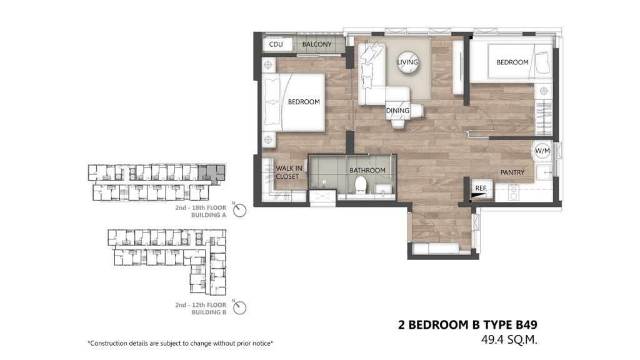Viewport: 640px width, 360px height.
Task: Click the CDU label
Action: click(276, 44)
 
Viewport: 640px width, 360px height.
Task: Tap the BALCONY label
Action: click(317, 44)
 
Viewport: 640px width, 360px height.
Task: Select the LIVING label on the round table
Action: click(407, 62)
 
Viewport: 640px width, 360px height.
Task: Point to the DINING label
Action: click(397, 111)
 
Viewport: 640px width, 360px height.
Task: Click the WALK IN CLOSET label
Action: click(289, 172)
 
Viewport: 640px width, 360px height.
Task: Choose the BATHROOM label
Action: click(367, 170)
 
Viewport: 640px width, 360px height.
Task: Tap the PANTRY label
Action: click(512, 172)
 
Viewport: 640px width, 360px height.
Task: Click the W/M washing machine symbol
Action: click(542, 151)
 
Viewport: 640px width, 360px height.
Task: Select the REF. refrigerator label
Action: click(481, 188)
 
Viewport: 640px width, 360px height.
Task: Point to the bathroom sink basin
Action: click(383, 189)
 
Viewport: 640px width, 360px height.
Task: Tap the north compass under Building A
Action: click(239, 210)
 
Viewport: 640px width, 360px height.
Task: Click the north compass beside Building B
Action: click(239, 307)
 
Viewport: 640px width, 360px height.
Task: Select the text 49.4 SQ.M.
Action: click(509, 339)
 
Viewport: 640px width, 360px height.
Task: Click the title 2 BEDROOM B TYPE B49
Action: click(467, 325)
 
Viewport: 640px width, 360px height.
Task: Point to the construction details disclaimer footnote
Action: click(181, 343)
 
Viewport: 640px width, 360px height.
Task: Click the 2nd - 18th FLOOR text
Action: click(201, 207)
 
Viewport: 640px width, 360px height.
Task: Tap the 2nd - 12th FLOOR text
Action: click(201, 305)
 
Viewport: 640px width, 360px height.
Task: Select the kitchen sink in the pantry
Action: click(544, 173)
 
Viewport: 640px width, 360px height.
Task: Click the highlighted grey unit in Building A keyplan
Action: click(211, 172)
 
